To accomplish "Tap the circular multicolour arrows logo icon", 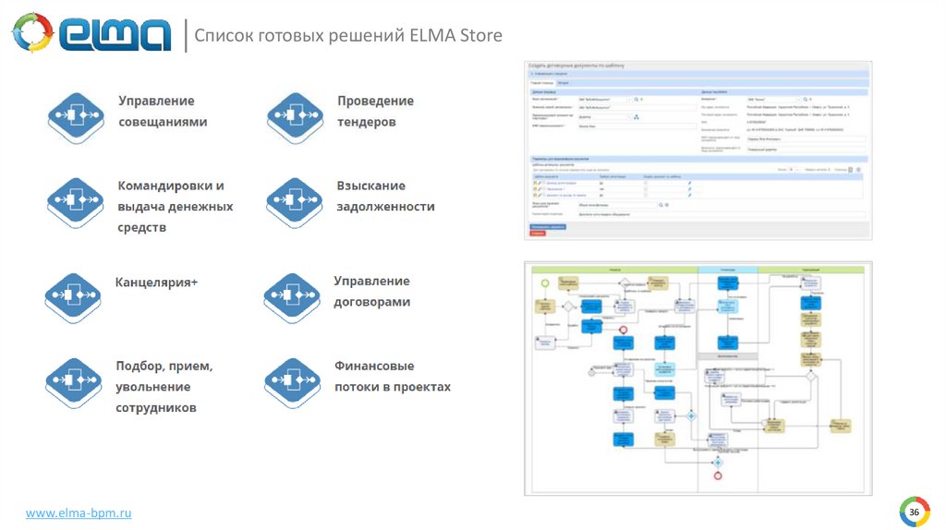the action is pos(32,33).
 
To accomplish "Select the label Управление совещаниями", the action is pos(162,111).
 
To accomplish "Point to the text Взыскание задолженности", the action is pos(385,196).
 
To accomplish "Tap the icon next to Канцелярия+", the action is pos(72,294).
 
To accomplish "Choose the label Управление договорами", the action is pos(371,291).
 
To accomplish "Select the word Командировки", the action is pos(170,186).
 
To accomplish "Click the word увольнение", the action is pos(152,387).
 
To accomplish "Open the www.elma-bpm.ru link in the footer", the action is pos(79,512).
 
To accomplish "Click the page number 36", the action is pos(914,512).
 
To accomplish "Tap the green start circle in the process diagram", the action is pos(545,282).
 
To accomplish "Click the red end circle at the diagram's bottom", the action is pos(716,476).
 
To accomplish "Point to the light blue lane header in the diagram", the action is pos(727,269).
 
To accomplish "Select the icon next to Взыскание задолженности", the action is pos(293,200).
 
